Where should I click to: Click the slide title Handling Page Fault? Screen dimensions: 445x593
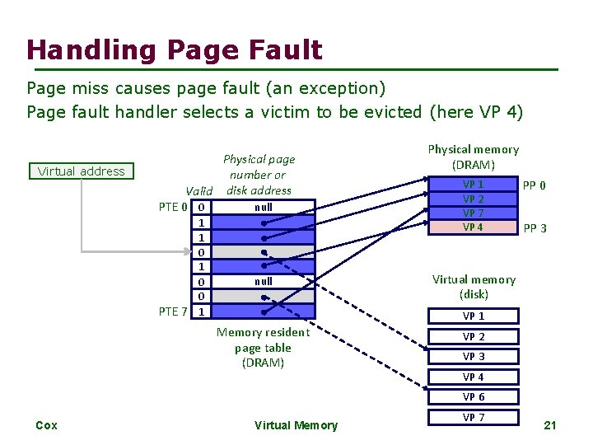[x=174, y=50]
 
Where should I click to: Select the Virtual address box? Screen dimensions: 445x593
[x=81, y=171]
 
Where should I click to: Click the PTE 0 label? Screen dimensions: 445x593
[x=173, y=206]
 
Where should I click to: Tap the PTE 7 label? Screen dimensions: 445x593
[x=173, y=311]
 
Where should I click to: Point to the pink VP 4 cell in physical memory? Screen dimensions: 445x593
[x=473, y=227]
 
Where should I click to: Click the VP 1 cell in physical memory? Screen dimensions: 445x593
[x=473, y=185]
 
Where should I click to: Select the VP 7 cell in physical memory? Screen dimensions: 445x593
[x=473, y=213]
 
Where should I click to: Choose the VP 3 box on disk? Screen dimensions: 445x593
[x=474, y=356]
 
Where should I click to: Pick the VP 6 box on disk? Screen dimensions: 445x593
[x=474, y=397]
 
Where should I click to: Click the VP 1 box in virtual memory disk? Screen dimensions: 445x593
[x=474, y=316]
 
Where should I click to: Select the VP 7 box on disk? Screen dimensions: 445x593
[x=474, y=417]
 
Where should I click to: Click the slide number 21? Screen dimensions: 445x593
[x=551, y=425]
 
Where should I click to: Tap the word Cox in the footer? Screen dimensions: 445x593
[x=47, y=425]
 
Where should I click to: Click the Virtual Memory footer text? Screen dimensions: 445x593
[x=296, y=425]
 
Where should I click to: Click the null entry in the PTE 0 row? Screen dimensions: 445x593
[x=263, y=207]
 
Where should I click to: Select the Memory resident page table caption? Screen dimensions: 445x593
[x=263, y=347]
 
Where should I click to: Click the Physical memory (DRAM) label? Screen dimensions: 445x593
[x=473, y=157]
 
